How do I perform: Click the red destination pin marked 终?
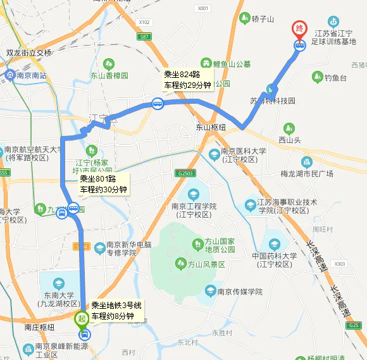click(x=299, y=29)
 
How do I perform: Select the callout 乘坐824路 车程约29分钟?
click(x=187, y=79)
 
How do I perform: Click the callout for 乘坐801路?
click(x=103, y=183)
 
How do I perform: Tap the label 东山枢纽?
click(x=210, y=127)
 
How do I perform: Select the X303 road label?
click(x=340, y=263)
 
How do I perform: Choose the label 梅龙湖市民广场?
click(x=307, y=173)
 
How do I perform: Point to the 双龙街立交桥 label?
click(x=29, y=53)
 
